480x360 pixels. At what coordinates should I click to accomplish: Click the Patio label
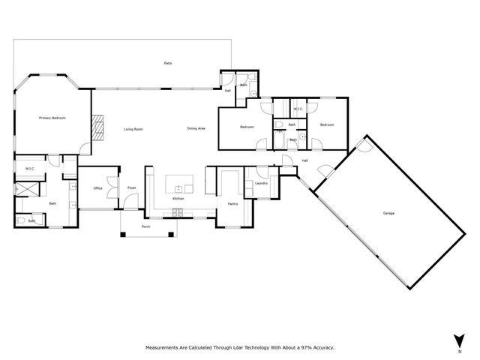tap(168, 63)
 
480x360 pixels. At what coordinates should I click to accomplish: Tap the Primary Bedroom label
tap(52, 118)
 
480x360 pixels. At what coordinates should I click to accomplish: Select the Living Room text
tap(133, 129)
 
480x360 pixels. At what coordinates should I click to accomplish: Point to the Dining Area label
tap(196, 129)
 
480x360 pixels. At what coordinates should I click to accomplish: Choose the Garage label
tap(388, 213)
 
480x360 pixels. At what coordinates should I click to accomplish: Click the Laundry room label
tap(262, 183)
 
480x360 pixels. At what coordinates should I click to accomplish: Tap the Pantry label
tap(232, 203)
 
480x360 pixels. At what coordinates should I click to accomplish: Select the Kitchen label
tap(178, 198)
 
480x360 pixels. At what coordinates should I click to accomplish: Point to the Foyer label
tap(131, 187)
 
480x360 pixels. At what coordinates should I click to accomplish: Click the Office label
tap(97, 187)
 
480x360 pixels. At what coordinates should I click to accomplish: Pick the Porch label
tap(145, 226)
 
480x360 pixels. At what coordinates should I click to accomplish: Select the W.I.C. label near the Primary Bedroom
tap(31, 168)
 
